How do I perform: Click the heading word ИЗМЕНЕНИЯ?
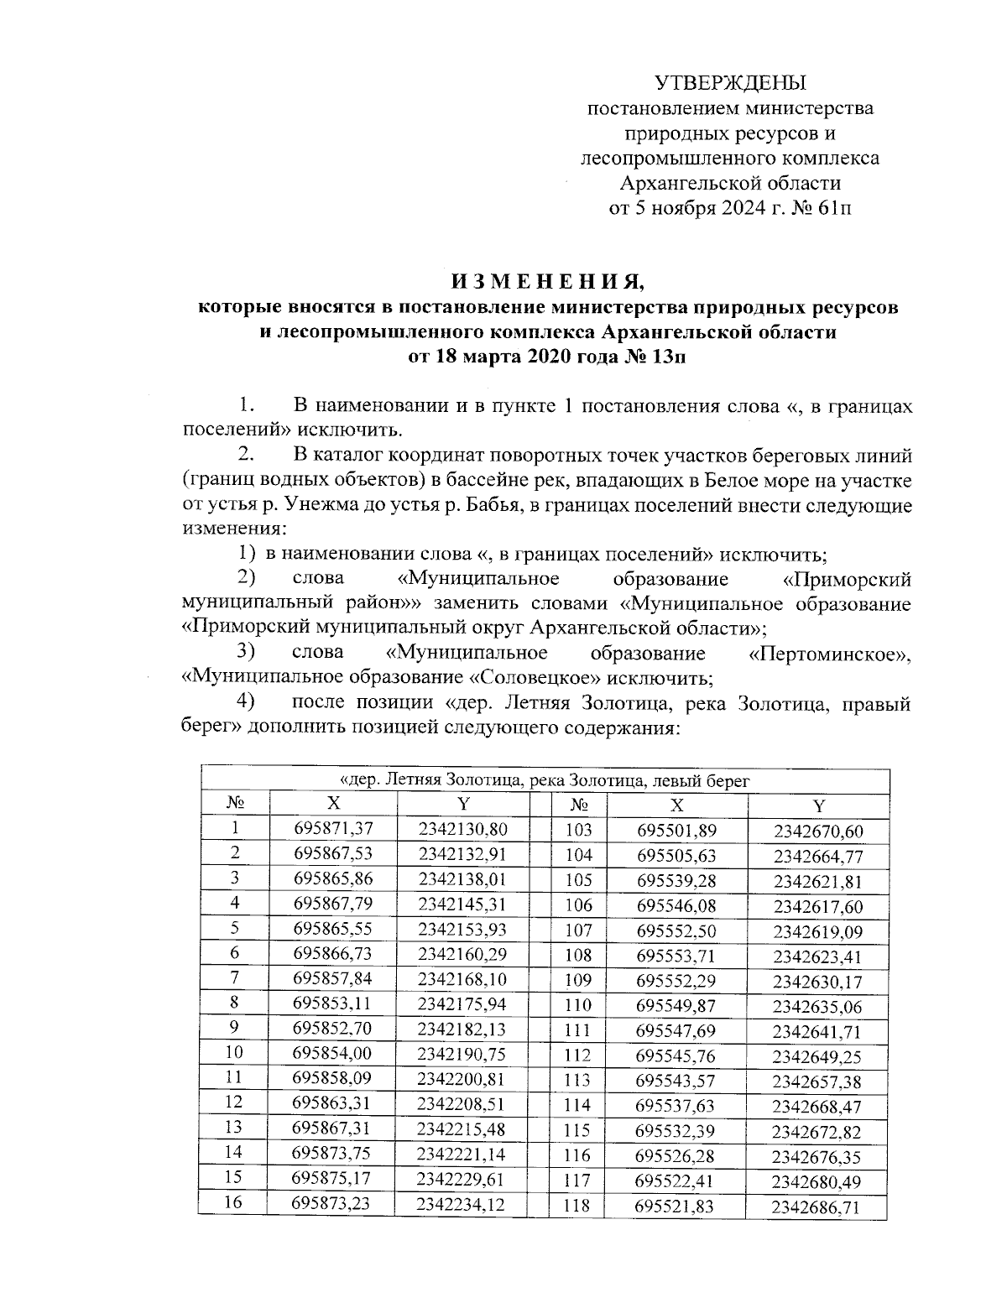pyautogui.click(x=547, y=279)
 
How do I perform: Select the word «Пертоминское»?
pyautogui.click(x=828, y=653)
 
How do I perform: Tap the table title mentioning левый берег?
pyautogui.click(x=546, y=779)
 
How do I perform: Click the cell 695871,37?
pyautogui.click(x=332, y=828)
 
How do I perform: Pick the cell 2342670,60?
pyautogui.click(x=817, y=831)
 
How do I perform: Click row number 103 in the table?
pyautogui.click(x=579, y=831)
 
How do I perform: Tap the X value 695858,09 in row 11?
pyautogui.click(x=332, y=1078)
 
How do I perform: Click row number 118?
pyautogui.click(x=579, y=1207)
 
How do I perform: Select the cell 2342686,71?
pyautogui.click(x=817, y=1208)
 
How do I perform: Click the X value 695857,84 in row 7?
pyautogui.click(x=332, y=978)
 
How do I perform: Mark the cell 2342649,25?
pyautogui.click(x=817, y=1056)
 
